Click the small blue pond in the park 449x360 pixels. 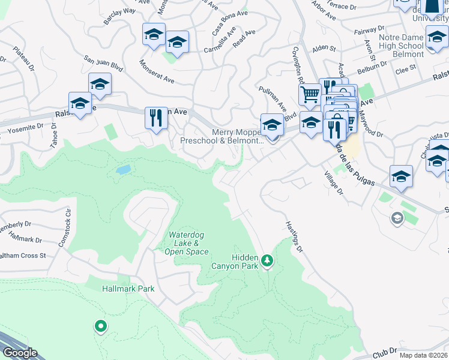coord(123,170)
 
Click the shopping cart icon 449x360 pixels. coord(309,94)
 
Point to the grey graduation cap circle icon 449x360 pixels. coord(397,218)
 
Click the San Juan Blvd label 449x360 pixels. coord(103,64)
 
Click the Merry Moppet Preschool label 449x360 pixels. coord(221,136)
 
